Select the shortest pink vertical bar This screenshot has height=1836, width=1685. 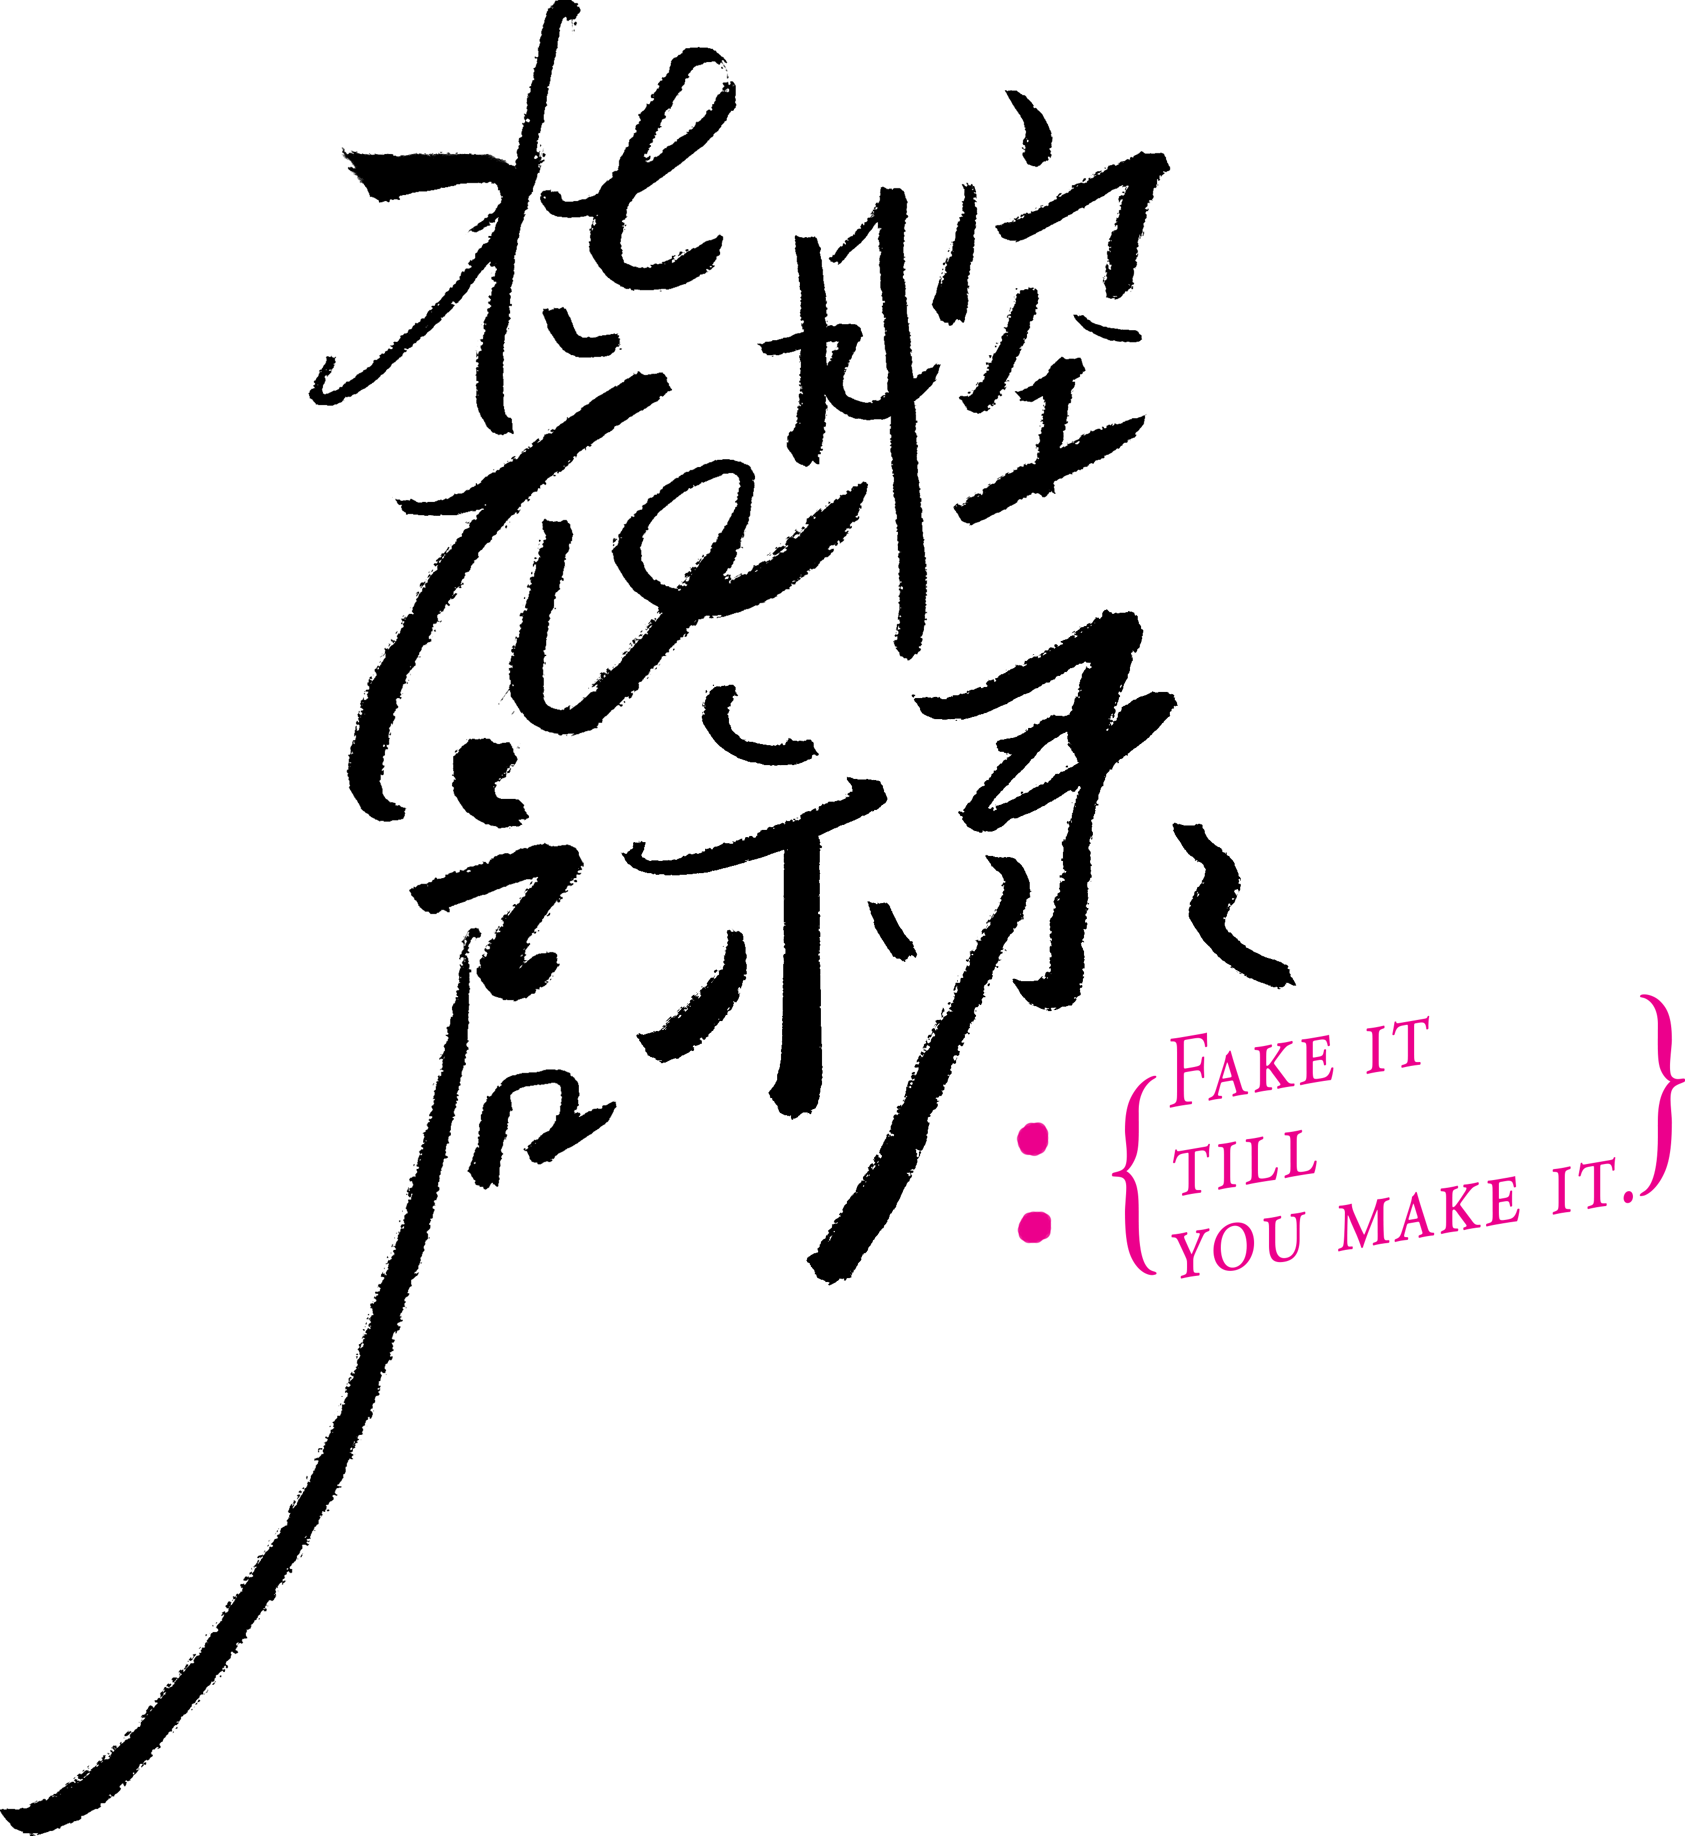coord(1034,1182)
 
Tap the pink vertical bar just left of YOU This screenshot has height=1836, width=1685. coord(1133,1175)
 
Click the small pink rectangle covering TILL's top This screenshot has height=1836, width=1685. coord(1244,1143)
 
